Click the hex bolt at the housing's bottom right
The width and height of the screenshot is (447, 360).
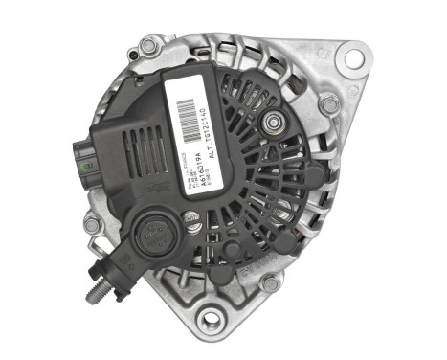pos(271,282)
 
